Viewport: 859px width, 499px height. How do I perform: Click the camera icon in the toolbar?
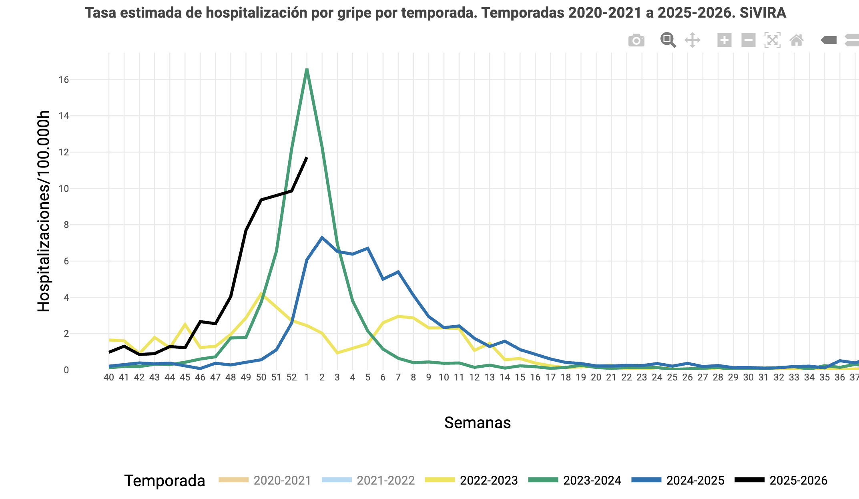[x=636, y=40]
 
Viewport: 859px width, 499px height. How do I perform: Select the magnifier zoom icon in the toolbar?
[x=668, y=40]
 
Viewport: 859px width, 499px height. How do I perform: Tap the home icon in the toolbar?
[x=797, y=40]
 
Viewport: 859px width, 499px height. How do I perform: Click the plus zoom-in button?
[x=724, y=40]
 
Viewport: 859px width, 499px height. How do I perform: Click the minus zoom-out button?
[x=748, y=40]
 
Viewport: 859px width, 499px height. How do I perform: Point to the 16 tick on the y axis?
[x=64, y=80]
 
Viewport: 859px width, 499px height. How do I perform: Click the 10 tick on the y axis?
[x=64, y=189]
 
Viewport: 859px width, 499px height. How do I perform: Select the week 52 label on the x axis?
[x=291, y=378]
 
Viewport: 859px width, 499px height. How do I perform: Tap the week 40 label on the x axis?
[x=108, y=378]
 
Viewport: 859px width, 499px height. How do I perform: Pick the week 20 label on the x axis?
[x=596, y=378]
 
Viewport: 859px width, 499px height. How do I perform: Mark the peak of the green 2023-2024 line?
[x=307, y=70]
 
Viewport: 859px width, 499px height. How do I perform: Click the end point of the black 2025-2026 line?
[x=307, y=158]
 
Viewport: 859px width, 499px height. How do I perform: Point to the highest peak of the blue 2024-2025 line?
[x=322, y=237]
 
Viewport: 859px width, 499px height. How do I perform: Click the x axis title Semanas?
[x=478, y=423]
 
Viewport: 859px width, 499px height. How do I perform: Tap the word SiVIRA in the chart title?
[x=763, y=13]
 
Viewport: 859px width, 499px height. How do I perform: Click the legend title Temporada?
[x=165, y=481]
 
